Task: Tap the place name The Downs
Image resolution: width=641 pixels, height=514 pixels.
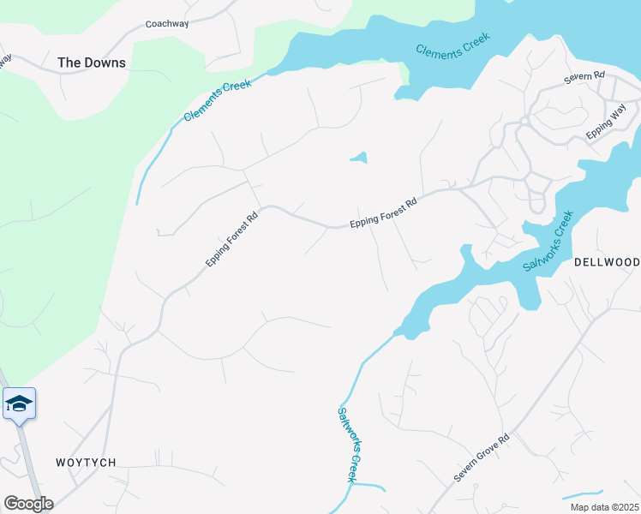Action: [x=91, y=63]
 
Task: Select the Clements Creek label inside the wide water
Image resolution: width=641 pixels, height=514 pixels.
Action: [x=452, y=45]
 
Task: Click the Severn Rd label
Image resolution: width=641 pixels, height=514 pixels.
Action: [x=584, y=76]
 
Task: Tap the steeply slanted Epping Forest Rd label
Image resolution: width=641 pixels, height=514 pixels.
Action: [x=231, y=239]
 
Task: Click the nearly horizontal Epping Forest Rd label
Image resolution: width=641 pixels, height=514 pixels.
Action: [x=383, y=214]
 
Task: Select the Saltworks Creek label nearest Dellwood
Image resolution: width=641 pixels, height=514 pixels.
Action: [x=548, y=241]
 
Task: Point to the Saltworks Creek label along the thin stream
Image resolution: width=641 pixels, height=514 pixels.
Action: [x=346, y=443]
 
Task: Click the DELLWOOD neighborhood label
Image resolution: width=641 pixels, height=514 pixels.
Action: [x=607, y=261]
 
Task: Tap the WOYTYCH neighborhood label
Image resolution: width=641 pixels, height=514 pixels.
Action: [x=85, y=463]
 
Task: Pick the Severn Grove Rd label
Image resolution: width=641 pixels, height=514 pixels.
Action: [x=482, y=457]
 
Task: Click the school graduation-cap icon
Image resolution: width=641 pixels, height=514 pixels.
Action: [x=19, y=403]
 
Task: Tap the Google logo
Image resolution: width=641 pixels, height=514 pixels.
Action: [x=28, y=504]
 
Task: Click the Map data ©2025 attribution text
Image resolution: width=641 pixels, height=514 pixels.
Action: [x=603, y=507]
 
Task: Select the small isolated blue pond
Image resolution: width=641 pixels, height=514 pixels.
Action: [x=359, y=158]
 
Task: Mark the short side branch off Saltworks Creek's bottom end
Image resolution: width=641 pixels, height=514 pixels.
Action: [x=370, y=486]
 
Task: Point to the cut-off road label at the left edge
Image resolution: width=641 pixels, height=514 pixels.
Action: [x=5, y=62]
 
